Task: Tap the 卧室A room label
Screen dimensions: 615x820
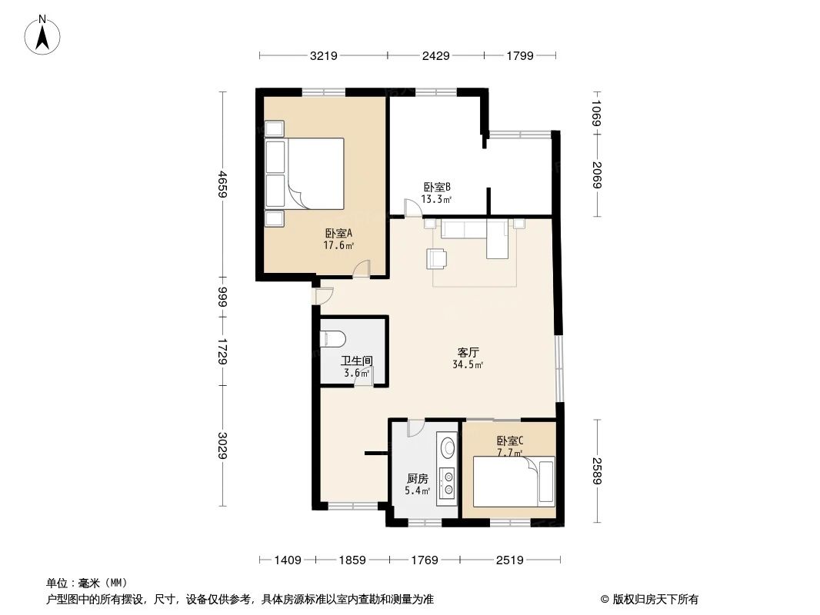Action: click(338, 234)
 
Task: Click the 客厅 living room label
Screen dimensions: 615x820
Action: click(468, 352)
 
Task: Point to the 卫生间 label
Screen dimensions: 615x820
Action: click(357, 361)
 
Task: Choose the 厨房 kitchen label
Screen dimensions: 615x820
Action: click(418, 477)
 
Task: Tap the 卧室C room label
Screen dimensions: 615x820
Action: click(509, 440)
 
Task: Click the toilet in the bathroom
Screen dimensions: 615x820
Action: click(332, 338)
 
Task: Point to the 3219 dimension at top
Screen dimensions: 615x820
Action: click(324, 56)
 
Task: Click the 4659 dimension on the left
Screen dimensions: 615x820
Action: click(223, 184)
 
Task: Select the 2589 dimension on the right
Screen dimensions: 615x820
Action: click(597, 470)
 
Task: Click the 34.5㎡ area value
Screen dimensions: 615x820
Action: click(468, 364)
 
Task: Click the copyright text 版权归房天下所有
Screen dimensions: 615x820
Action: click(649, 600)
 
